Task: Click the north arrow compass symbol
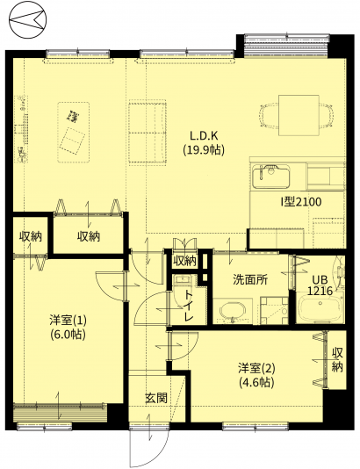click(x=28, y=20)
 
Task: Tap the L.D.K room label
click(x=204, y=136)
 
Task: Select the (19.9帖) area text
click(x=204, y=149)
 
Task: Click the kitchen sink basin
click(x=271, y=176)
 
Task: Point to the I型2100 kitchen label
click(x=300, y=202)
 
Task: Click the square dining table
click(x=299, y=115)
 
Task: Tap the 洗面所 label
click(x=250, y=279)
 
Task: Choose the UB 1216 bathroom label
click(x=320, y=285)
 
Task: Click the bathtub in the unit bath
click(x=320, y=307)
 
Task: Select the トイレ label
click(x=188, y=306)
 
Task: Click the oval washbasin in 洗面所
click(x=233, y=312)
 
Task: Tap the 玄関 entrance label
click(x=155, y=398)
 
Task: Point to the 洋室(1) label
click(x=68, y=321)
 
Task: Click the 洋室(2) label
click(x=256, y=368)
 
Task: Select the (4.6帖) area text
click(x=257, y=382)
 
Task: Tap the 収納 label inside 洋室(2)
click(x=337, y=360)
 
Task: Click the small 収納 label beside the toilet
click(x=185, y=261)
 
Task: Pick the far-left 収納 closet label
click(x=31, y=236)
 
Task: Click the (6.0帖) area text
click(x=68, y=334)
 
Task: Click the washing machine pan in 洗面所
click(x=274, y=310)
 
